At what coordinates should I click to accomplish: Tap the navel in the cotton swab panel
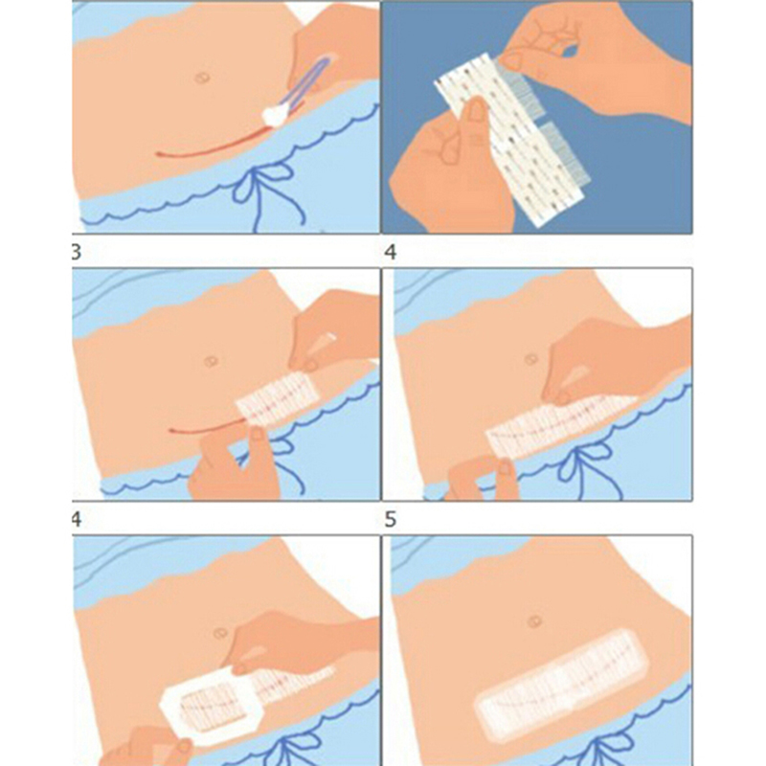coord(201,78)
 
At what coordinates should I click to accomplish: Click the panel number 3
coord(77,253)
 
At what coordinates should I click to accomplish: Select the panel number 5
coord(390,519)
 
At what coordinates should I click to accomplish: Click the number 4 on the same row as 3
coord(391,252)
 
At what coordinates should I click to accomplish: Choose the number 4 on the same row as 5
coord(77,520)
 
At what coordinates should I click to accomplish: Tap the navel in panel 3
coord(211,362)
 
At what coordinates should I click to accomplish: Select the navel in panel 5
coord(535,621)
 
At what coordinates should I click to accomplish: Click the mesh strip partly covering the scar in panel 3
coord(277,398)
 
